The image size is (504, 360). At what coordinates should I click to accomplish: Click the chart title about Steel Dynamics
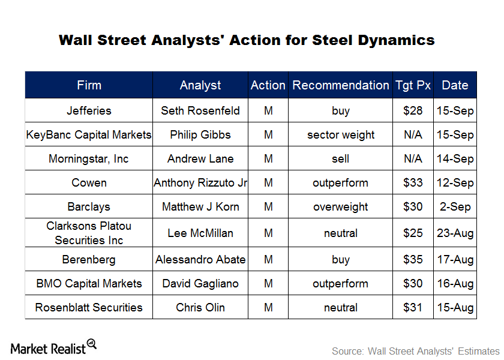[247, 40]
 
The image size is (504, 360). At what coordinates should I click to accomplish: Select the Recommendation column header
[341, 85]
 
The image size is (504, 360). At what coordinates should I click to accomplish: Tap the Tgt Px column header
[413, 85]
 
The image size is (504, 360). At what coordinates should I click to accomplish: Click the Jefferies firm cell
[89, 111]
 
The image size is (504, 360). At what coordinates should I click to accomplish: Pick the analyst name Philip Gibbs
[200, 135]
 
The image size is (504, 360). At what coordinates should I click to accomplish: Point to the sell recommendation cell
[341, 159]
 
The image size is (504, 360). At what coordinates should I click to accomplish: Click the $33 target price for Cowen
[413, 183]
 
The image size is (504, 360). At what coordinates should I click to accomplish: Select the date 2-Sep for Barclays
[455, 207]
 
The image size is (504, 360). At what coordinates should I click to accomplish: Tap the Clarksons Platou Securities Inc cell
[89, 233]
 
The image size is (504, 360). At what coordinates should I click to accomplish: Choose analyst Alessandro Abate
[200, 260]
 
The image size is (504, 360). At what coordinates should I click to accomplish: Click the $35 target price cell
[413, 260]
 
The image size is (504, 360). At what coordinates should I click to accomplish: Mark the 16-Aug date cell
[455, 284]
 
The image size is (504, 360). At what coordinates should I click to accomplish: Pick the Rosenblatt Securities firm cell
[89, 308]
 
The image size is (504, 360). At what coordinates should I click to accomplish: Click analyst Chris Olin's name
[200, 308]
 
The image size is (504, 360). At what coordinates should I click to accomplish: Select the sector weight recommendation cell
[341, 135]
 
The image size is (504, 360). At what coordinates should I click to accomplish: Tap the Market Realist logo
[53, 347]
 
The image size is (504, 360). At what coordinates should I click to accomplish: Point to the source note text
[415, 351]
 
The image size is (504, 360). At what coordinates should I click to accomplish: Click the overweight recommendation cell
[341, 207]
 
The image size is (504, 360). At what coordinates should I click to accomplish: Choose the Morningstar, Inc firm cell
[89, 159]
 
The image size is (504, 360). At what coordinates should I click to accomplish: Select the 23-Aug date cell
[455, 233]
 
